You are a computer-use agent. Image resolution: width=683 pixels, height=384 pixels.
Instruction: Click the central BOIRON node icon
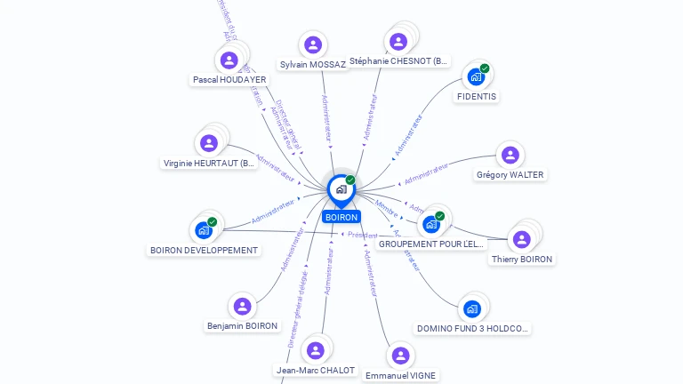[x=341, y=189]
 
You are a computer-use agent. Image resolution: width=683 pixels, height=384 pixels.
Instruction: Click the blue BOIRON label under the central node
[x=341, y=217]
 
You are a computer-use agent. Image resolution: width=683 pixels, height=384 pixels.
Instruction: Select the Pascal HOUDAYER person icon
[x=229, y=60]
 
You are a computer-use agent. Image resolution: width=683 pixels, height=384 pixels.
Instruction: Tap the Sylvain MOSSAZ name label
[x=312, y=65]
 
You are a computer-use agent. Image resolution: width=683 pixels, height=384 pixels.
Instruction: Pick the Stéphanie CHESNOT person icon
[x=398, y=42]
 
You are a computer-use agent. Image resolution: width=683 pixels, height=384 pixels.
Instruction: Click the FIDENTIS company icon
[x=476, y=77]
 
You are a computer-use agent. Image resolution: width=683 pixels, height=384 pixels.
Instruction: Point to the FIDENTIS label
[x=478, y=96]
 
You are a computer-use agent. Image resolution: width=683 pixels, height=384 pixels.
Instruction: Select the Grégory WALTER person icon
[x=510, y=156]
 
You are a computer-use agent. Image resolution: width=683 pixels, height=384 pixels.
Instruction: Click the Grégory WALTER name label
[x=510, y=175]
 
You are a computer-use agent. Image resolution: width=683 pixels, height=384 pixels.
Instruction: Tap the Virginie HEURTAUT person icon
[x=209, y=143]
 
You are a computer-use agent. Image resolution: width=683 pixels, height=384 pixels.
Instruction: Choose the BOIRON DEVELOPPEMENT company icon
[x=204, y=230]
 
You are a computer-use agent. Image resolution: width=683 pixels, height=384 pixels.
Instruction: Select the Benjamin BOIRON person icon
[x=242, y=307]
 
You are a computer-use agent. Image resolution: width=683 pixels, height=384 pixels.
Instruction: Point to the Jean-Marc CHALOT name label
[x=316, y=371]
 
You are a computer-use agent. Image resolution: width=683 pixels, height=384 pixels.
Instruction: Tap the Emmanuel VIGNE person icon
[x=400, y=356]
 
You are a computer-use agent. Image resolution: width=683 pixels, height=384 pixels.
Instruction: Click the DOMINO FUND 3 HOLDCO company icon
[x=471, y=309]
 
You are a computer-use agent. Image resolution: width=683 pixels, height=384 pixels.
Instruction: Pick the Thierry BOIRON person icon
[x=521, y=239]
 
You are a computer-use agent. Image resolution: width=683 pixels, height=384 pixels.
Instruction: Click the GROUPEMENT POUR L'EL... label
[x=431, y=244]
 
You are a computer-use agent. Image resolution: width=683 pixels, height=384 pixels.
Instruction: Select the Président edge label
[x=357, y=235]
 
